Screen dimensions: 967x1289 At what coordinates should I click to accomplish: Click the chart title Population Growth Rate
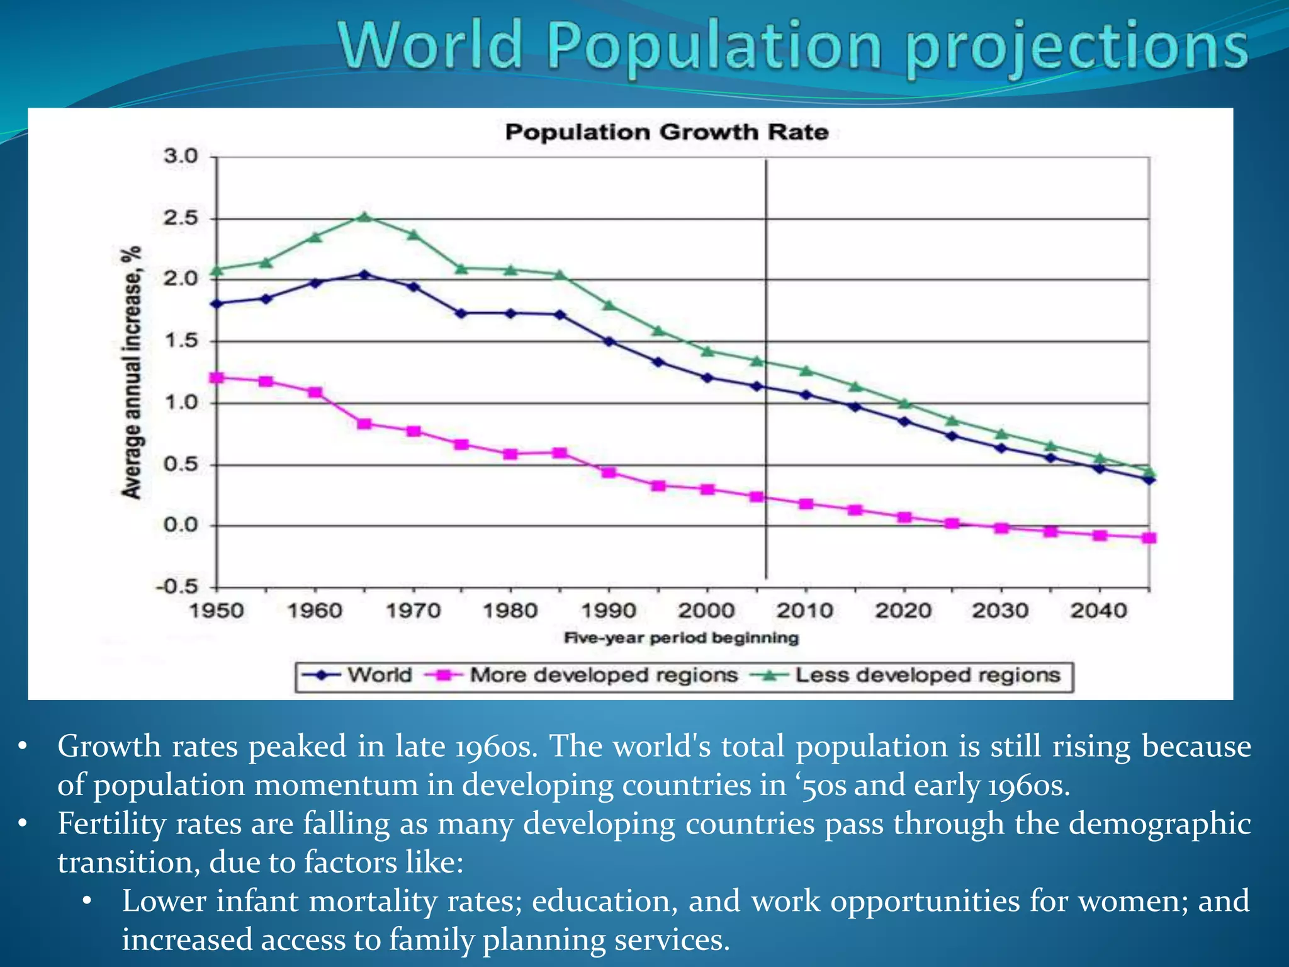pos(666,132)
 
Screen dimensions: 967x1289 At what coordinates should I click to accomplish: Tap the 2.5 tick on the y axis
pos(181,218)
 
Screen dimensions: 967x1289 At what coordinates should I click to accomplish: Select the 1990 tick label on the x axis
pos(609,610)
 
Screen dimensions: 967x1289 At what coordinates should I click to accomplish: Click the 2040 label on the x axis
pos(1098,610)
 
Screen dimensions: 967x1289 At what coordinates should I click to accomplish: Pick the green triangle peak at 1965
pos(364,217)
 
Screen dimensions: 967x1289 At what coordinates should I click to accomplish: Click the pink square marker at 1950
pos(217,378)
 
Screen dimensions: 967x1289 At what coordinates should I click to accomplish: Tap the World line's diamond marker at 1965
pos(364,274)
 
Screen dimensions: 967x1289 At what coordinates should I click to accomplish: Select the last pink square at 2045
pos(1149,538)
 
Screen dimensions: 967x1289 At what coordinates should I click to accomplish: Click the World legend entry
pos(380,675)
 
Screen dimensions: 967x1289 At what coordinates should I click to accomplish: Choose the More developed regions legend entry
pos(603,675)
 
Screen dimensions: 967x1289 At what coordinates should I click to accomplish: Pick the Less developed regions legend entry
pos(927,675)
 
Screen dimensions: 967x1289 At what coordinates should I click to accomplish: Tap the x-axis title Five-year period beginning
pos(681,638)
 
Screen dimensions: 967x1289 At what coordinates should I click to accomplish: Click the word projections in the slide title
pos(1076,47)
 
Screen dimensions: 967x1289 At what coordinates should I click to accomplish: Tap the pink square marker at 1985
pos(560,453)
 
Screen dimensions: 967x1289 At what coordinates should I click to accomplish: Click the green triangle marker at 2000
pos(707,351)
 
